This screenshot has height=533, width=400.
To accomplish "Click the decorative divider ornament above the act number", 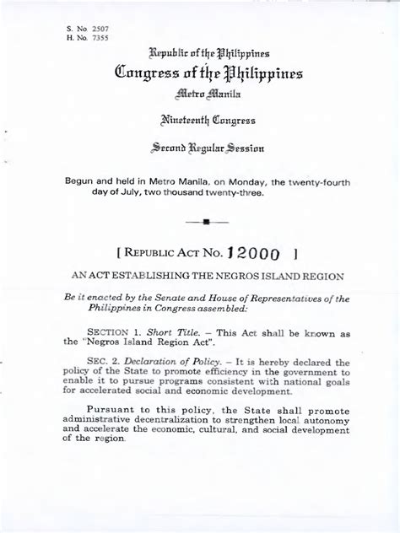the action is (207, 223).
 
